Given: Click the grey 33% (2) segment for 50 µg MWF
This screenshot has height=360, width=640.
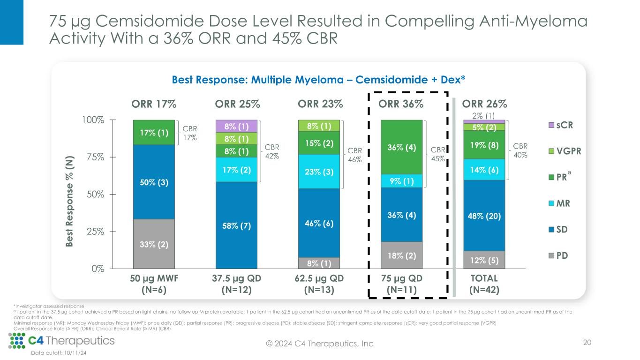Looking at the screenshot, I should tap(153, 244).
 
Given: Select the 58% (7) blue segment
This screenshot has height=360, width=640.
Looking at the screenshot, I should tap(236, 225).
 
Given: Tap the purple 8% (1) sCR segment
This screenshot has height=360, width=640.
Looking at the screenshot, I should tap(236, 126).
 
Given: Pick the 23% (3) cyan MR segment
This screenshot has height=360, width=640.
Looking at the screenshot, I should tap(319, 172).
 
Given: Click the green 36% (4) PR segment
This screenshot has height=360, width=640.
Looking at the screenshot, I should tap(401, 147).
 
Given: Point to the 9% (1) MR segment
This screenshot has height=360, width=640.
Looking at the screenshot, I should tap(401, 180).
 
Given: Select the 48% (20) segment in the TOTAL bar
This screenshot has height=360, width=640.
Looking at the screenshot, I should tap(484, 216).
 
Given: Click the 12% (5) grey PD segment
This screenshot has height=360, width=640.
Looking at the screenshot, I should tap(484, 260).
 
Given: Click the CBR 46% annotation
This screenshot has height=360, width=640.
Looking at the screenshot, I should tap(355, 156).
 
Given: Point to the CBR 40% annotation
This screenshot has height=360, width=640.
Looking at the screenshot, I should tap(520, 150).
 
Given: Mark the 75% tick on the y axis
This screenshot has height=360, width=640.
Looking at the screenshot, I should tap(96, 157).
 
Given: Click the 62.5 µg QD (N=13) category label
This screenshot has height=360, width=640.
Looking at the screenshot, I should tap(319, 284).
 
